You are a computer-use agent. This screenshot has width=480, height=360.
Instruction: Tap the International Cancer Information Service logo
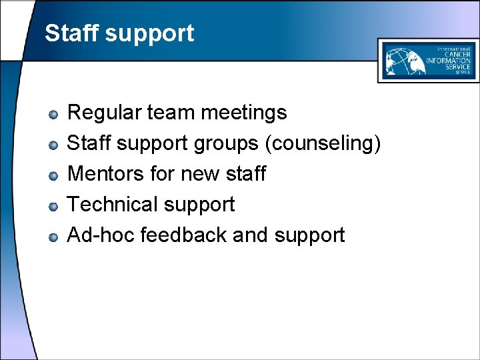click(427, 60)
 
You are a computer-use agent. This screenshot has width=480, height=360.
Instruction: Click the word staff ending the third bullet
click(245, 174)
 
